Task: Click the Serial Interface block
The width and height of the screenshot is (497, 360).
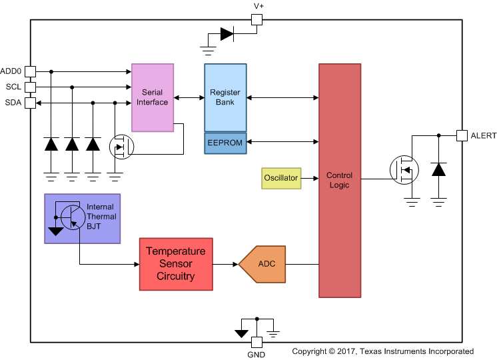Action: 153,97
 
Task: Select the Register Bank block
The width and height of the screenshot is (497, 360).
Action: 225,97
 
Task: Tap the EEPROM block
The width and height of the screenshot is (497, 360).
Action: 225,143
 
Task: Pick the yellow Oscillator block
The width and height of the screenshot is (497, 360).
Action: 281,178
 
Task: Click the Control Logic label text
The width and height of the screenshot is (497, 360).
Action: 339,180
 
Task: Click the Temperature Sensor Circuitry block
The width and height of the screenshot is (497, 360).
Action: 176,264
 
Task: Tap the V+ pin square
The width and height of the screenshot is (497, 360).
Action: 256,20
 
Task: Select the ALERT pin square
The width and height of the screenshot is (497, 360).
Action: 461,135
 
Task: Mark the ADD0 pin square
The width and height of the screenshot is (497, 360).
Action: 31,71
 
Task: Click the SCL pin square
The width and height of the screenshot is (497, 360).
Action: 31,87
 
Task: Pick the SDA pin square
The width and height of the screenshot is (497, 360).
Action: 31,103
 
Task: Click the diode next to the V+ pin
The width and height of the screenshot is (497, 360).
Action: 227,33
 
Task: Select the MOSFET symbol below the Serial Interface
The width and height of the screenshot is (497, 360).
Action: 121,147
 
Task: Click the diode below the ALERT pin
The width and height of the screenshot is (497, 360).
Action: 438,169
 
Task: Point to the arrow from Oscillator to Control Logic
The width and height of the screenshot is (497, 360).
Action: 309,178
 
